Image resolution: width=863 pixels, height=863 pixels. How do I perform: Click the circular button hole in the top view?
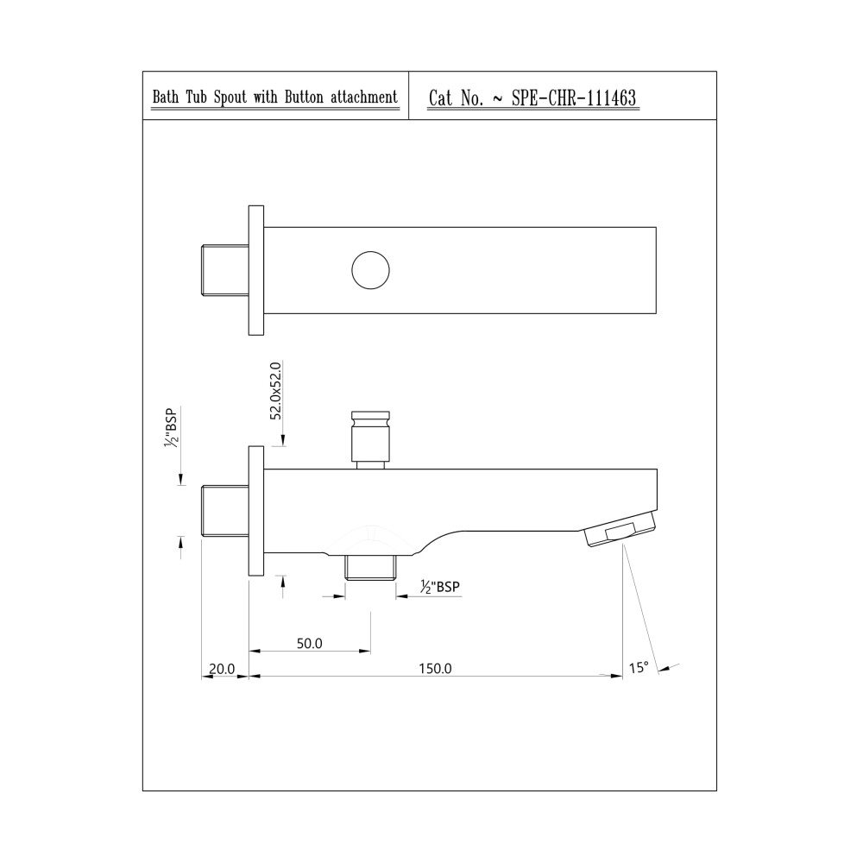click(370, 270)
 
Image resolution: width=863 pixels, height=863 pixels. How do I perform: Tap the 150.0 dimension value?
click(435, 668)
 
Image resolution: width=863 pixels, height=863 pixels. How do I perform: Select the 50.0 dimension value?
click(309, 644)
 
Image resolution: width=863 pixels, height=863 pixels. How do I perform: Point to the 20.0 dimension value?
click(222, 669)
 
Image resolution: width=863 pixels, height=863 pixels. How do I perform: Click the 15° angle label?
click(639, 668)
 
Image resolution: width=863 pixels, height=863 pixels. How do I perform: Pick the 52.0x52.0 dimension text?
click(276, 391)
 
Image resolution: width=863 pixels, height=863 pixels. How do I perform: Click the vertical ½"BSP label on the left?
click(172, 427)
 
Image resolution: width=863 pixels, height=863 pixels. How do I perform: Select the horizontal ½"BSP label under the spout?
click(440, 587)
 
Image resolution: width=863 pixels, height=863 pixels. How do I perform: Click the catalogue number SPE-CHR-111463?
click(574, 98)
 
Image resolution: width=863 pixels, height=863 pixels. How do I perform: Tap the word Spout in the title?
click(230, 98)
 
